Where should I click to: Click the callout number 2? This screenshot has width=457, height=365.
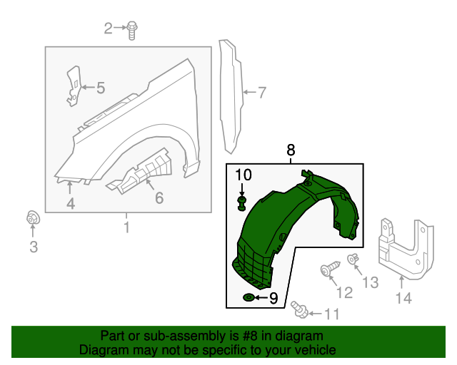point(109,29)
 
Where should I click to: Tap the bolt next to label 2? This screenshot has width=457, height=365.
point(132,29)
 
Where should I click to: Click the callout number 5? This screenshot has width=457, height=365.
point(101,88)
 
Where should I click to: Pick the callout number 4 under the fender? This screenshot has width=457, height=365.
point(71,205)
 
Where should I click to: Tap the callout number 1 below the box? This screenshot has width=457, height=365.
point(126,228)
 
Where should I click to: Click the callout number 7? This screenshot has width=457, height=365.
point(262,92)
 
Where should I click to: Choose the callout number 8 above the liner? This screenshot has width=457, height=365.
point(291,150)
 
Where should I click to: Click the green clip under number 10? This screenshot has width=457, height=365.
point(242,205)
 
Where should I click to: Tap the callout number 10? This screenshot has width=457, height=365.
point(243,175)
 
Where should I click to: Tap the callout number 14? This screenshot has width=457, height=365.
point(404,299)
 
